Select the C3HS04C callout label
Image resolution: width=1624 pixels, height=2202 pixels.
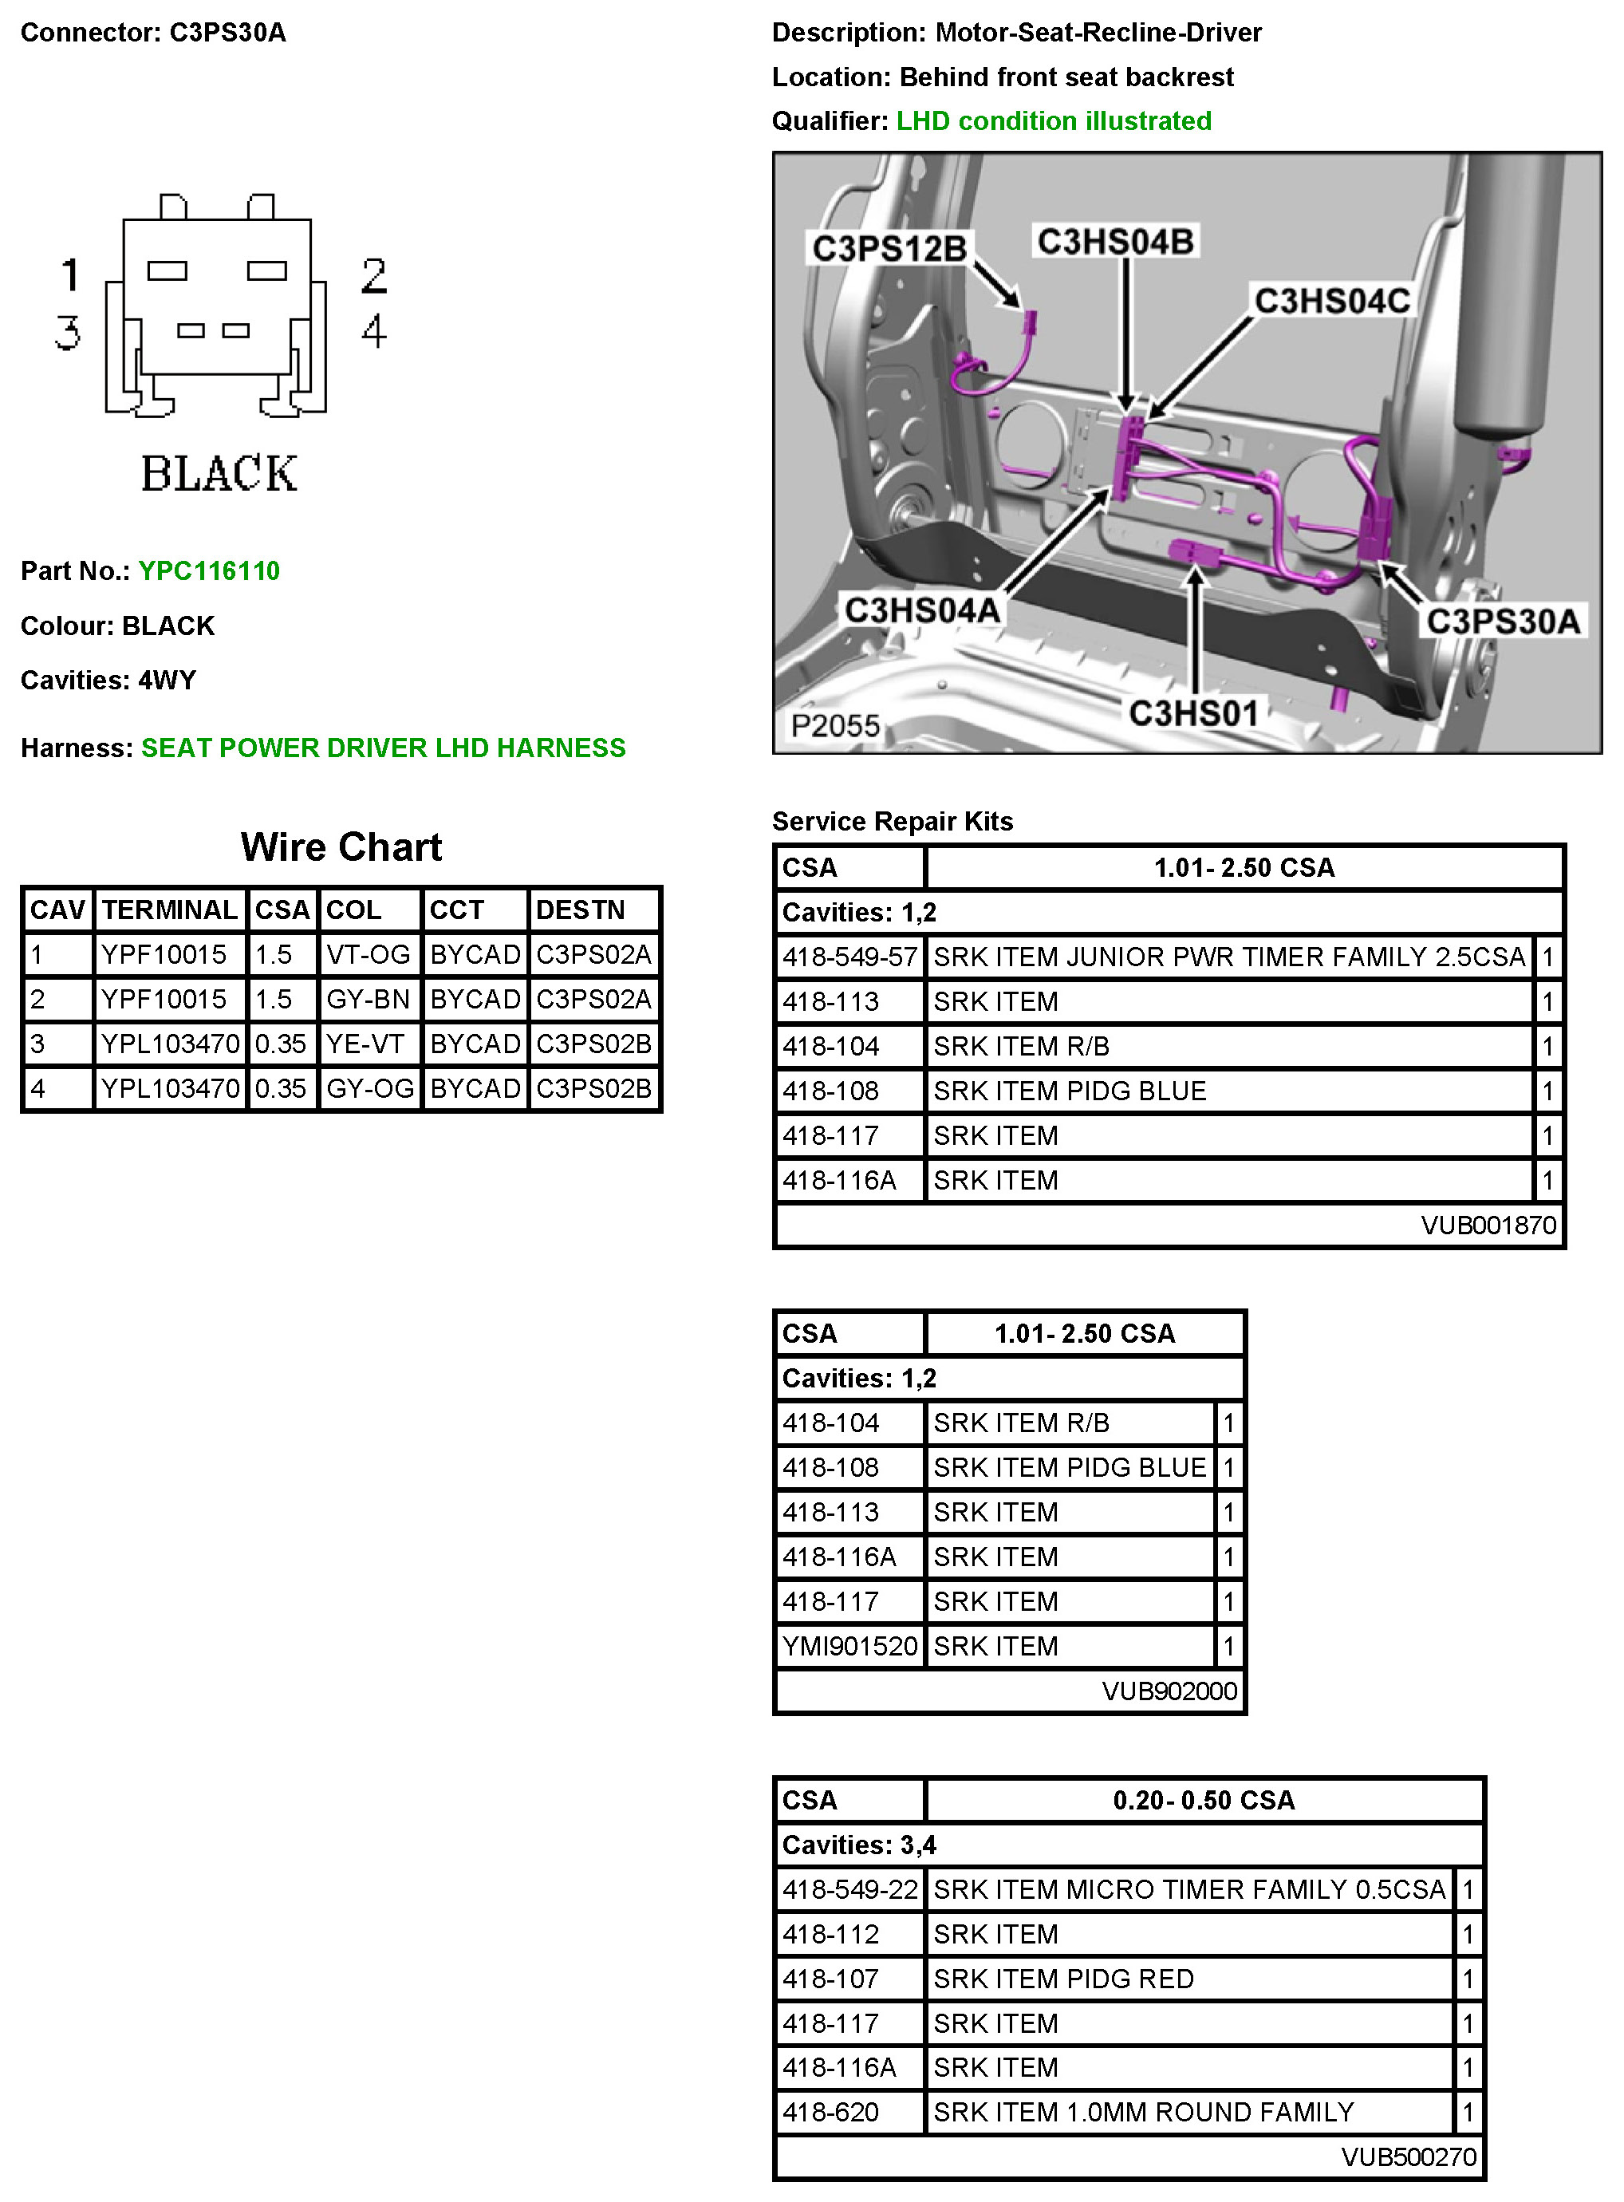1332,301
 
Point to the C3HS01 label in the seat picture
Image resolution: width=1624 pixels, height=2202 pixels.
1193,712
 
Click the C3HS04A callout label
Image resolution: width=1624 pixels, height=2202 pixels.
922,610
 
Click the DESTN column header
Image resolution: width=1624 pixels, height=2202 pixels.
581,910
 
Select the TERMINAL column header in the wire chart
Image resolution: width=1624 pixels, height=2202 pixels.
170,910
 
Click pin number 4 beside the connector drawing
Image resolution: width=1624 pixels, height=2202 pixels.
373,331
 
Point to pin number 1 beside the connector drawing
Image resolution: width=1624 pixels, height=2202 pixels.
70,275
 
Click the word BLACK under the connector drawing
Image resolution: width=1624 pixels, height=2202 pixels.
219,474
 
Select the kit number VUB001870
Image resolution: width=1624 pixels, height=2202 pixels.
1488,1225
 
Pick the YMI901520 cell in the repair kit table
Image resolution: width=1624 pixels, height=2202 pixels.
849,1647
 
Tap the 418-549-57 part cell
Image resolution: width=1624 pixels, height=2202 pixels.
849,957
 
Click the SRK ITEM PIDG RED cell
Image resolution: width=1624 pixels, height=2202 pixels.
1064,1979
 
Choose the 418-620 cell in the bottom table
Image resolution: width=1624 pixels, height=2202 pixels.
830,2112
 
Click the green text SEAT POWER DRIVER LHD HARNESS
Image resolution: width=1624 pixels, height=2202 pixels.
384,748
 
